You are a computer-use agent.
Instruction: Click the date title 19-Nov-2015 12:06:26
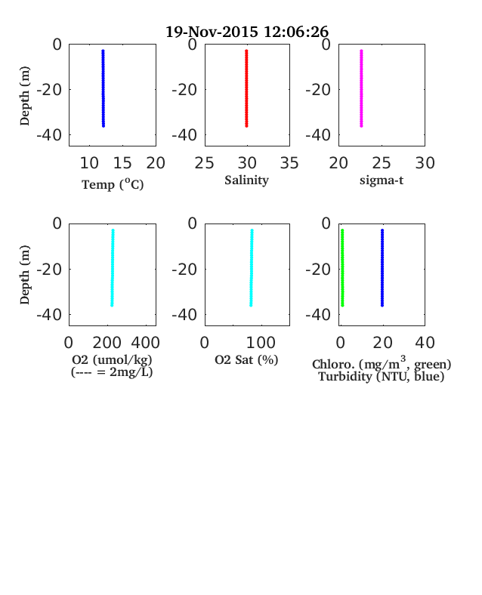(x=247, y=32)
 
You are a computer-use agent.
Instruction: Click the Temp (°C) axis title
(x=113, y=184)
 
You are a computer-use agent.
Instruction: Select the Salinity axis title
(x=247, y=180)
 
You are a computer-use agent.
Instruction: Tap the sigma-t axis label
(x=382, y=180)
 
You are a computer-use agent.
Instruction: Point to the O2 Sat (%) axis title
(x=247, y=359)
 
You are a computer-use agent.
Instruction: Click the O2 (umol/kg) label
(x=112, y=359)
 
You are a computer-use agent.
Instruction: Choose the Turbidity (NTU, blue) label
(x=382, y=377)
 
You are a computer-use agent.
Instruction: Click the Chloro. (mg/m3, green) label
(x=382, y=363)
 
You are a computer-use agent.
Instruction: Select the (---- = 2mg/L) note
(x=112, y=371)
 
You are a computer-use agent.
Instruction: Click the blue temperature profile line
(x=103, y=88)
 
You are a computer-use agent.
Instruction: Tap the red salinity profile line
(x=246, y=88)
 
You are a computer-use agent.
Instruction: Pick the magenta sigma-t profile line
(x=361, y=88)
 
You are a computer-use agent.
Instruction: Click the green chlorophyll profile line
(x=342, y=267)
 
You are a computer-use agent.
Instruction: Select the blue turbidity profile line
(x=382, y=267)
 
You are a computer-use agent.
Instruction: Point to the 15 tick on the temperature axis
(x=122, y=163)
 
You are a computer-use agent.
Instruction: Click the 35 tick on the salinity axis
(x=289, y=163)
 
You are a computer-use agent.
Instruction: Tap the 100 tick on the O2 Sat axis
(x=261, y=343)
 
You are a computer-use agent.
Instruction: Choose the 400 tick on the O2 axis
(x=146, y=343)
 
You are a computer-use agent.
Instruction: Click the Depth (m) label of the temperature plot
(x=24, y=96)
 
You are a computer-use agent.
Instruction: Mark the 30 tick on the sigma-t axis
(x=425, y=163)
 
